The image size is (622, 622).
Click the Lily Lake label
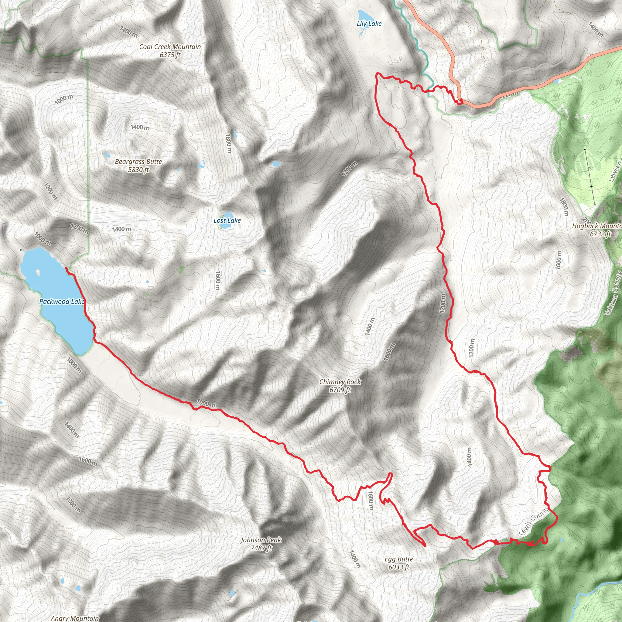[369, 23]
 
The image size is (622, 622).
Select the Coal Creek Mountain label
[170, 47]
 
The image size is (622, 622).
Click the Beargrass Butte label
[138, 162]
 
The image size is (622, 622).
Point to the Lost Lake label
[227, 220]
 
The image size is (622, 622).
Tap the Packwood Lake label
[61, 302]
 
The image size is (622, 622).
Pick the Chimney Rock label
[340, 382]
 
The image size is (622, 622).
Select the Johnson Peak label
[261, 540]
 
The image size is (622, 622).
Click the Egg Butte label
[398, 559]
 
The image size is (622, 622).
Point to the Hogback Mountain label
[596, 226]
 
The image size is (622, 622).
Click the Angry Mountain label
[75, 618]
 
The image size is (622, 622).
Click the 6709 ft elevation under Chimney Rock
[340, 390]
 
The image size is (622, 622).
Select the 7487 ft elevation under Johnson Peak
[261, 548]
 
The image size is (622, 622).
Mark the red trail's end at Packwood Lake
[66, 268]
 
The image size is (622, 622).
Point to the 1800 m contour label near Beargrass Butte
[228, 143]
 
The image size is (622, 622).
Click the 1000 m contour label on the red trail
[206, 403]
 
